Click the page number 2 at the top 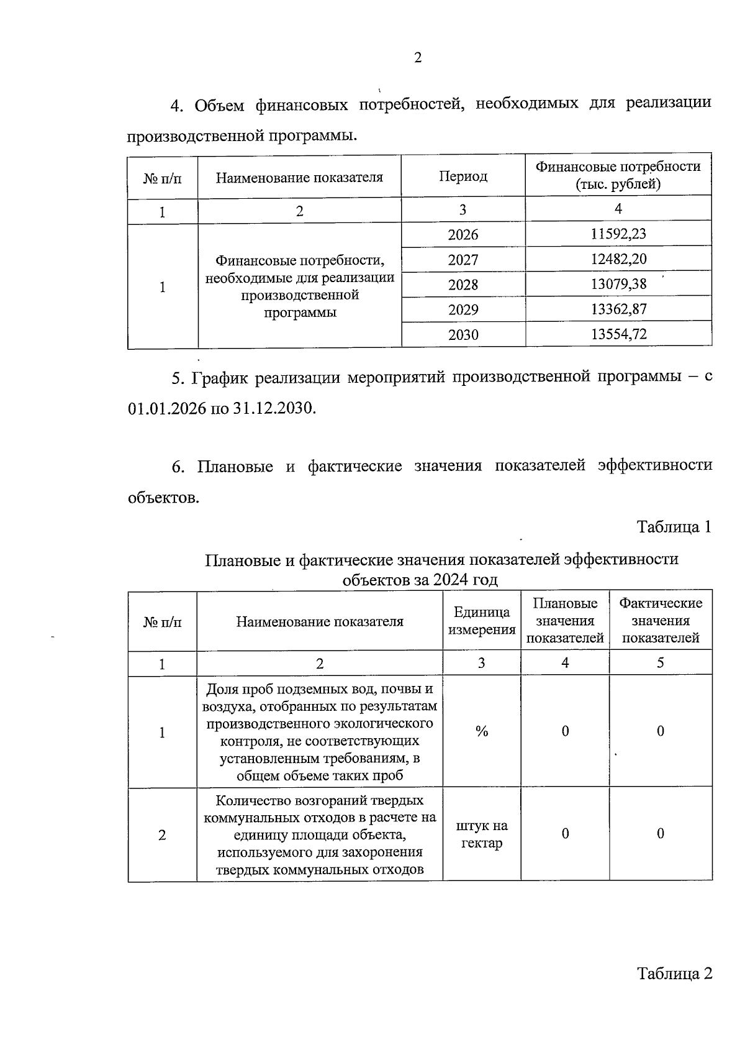pyautogui.click(x=417, y=58)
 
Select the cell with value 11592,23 pyautogui.click(x=618, y=234)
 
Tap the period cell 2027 pyautogui.click(x=463, y=259)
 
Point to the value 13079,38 pyautogui.click(x=618, y=284)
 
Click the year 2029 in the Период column pyautogui.click(x=463, y=309)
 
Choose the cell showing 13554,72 pyautogui.click(x=618, y=334)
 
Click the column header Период pyautogui.click(x=463, y=176)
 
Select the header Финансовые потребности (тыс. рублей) pyautogui.click(x=618, y=175)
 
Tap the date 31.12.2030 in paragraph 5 pyautogui.click(x=273, y=408)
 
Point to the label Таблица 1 pyautogui.click(x=674, y=527)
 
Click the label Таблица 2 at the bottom pyautogui.click(x=674, y=973)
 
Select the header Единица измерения pyautogui.click(x=482, y=621)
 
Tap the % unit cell pyautogui.click(x=482, y=731)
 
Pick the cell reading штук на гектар pyautogui.click(x=482, y=834)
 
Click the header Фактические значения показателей pyautogui.click(x=661, y=620)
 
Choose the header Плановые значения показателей pyautogui.click(x=565, y=620)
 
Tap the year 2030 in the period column pyautogui.click(x=463, y=335)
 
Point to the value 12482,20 pyautogui.click(x=618, y=259)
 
